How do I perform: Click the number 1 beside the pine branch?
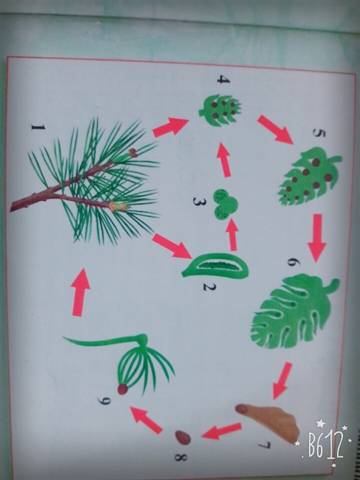(x=38, y=127)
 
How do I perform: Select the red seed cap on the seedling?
(x=123, y=389)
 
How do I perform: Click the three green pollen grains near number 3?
(x=225, y=204)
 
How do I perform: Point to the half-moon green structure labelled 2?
(x=215, y=265)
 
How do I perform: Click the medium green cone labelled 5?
(x=309, y=176)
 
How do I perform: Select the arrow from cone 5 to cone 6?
(x=317, y=237)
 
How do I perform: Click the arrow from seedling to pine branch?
(x=80, y=292)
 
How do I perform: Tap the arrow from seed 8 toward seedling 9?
(x=146, y=420)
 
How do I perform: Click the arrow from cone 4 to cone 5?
(x=275, y=129)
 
